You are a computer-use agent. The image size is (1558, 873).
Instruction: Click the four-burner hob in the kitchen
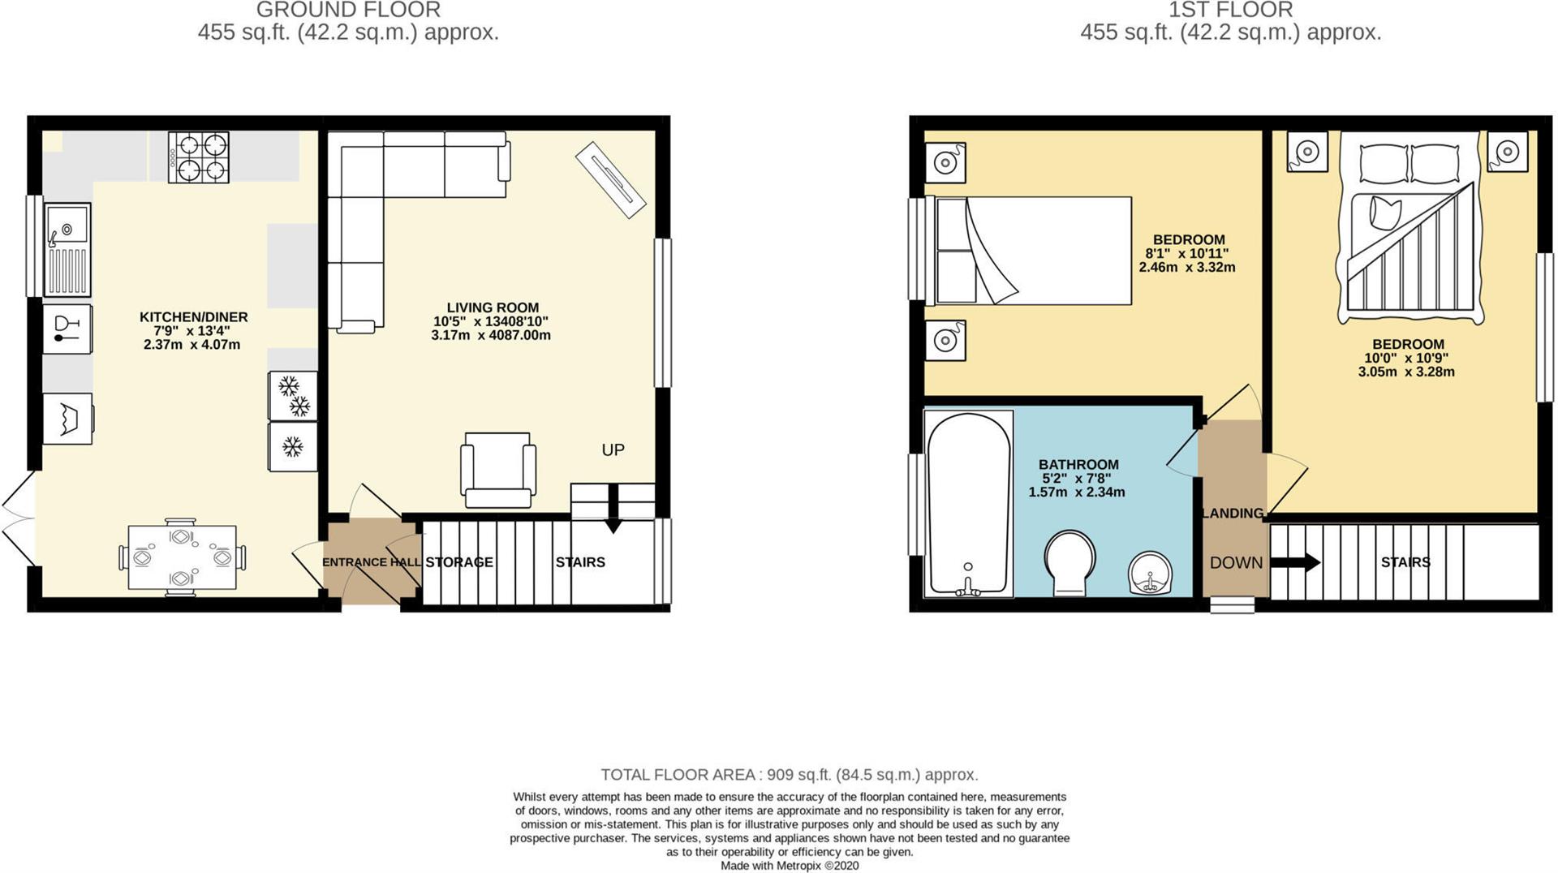pyautogui.click(x=199, y=157)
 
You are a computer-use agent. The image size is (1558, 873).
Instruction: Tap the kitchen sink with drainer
pyautogui.click(x=67, y=249)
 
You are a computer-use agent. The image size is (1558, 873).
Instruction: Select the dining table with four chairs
pyautogui.click(x=182, y=557)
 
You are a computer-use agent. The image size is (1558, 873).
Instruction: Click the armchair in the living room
pyautogui.click(x=497, y=469)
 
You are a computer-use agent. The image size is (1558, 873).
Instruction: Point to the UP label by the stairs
pyautogui.click(x=613, y=449)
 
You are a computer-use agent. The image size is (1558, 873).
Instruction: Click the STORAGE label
pyautogui.click(x=459, y=562)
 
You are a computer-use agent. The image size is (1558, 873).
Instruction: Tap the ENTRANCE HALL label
pyautogui.click(x=371, y=562)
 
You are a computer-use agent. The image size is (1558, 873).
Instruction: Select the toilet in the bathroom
pyautogui.click(x=1070, y=561)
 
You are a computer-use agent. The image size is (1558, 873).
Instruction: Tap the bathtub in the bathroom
pyautogui.click(x=969, y=503)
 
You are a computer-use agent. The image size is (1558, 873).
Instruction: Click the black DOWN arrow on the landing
pyautogui.click(x=1295, y=562)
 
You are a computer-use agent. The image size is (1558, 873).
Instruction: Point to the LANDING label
pyautogui.click(x=1233, y=513)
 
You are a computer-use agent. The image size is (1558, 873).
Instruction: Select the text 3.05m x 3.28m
pyautogui.click(x=1406, y=372)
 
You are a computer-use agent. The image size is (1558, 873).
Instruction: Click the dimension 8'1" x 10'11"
pyautogui.click(x=1186, y=253)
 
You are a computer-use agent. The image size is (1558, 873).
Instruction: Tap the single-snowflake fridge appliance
pyautogui.click(x=293, y=446)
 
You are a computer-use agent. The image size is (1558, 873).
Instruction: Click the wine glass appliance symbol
pyautogui.click(x=67, y=329)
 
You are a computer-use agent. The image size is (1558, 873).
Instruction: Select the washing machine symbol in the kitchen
pyautogui.click(x=67, y=419)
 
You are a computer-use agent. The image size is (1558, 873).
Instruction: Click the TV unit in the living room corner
pyautogui.click(x=610, y=179)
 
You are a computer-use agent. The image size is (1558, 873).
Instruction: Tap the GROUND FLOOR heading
pyautogui.click(x=348, y=11)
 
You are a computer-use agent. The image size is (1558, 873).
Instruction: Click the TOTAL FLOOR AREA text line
pyautogui.click(x=789, y=775)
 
